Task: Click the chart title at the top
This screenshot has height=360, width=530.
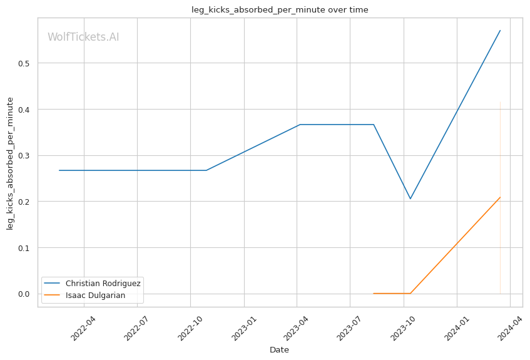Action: [280, 9]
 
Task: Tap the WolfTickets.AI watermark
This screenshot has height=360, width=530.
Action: [83, 37]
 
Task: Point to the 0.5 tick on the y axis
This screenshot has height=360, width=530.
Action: [26, 63]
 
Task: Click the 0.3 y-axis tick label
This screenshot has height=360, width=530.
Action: [26, 155]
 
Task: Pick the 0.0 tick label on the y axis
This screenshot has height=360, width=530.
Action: [26, 294]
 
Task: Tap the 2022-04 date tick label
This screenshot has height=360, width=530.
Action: [83, 327]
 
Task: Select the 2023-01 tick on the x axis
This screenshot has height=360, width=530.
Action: [243, 327]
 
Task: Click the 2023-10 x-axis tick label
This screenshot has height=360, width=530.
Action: [402, 327]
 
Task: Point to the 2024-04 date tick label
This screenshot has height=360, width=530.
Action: [509, 327]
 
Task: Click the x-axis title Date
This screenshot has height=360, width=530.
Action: [279, 349]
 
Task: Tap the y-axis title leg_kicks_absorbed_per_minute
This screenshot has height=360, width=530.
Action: [10, 163]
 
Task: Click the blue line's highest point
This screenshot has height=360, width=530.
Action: [500, 30]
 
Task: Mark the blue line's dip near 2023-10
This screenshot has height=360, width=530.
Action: [410, 199]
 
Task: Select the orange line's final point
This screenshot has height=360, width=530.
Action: [500, 197]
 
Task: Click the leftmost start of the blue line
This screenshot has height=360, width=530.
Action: [59, 170]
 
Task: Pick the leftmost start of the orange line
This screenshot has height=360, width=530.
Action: [373, 293]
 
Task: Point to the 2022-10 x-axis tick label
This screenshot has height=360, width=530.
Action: [190, 327]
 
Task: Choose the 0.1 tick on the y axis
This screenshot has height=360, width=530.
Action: [26, 247]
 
